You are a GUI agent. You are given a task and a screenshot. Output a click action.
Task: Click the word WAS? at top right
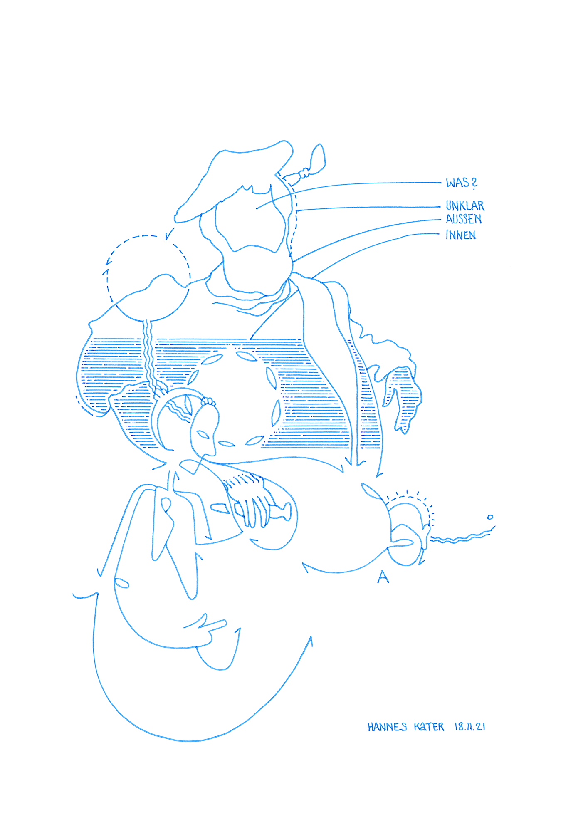[x=462, y=183]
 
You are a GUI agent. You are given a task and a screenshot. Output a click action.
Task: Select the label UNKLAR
[x=465, y=206]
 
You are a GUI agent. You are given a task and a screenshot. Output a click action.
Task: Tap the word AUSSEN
[x=464, y=219]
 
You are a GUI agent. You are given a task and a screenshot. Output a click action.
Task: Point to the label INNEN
[x=461, y=235]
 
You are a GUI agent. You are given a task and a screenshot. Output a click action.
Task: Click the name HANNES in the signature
[x=387, y=727]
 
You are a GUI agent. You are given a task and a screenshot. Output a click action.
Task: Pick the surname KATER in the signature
[x=429, y=727]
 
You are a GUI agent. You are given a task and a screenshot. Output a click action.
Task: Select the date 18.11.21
[x=470, y=727]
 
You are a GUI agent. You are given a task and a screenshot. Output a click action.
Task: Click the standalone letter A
[x=383, y=577]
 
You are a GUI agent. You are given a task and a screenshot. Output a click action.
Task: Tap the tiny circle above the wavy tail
[x=490, y=517]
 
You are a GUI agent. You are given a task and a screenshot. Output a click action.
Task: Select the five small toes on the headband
[x=208, y=401]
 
